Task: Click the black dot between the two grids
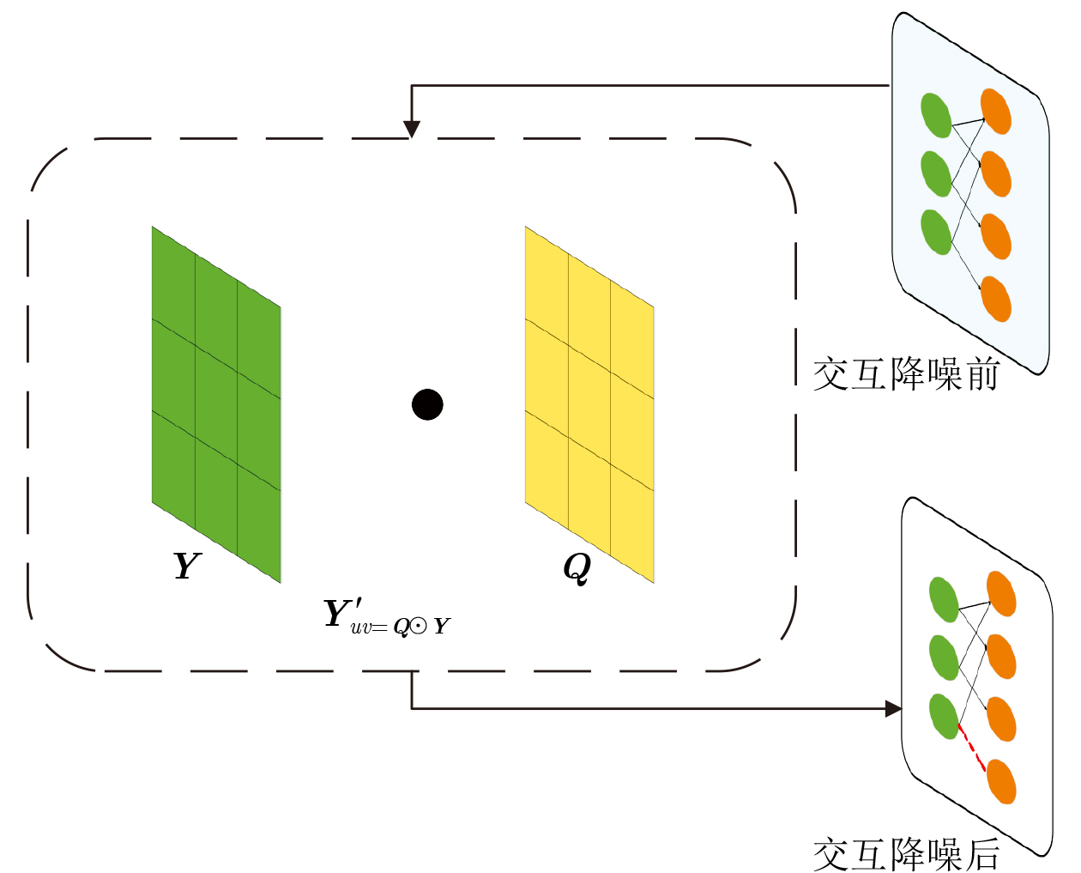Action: (x=427, y=405)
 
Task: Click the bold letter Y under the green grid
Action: (x=187, y=565)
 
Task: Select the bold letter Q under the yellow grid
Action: (x=577, y=568)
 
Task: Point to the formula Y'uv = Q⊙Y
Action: (x=387, y=617)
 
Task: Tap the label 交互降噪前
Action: (x=907, y=374)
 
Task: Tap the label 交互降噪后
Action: (x=907, y=855)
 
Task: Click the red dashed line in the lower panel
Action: (x=971, y=748)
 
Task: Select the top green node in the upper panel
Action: (x=936, y=115)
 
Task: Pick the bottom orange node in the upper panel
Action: (x=996, y=299)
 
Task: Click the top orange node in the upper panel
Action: (x=996, y=112)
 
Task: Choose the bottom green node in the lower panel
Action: (x=944, y=717)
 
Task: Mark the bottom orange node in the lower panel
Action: (x=1001, y=782)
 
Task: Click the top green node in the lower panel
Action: (x=944, y=599)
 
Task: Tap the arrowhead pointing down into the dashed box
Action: (x=412, y=129)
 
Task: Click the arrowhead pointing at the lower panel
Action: (x=894, y=708)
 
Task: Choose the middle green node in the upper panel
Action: (x=936, y=173)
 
